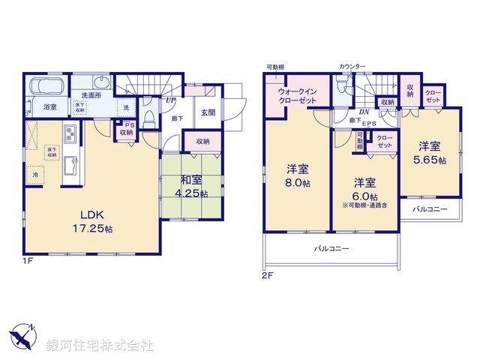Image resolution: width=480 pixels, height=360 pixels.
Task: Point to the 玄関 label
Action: click(x=208, y=113)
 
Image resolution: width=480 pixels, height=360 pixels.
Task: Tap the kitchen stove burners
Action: click(x=69, y=135)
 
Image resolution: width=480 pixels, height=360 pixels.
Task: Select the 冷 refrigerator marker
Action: click(x=35, y=175)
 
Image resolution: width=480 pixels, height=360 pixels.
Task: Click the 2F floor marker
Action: click(x=267, y=275)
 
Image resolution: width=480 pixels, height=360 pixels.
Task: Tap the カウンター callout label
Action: click(x=352, y=67)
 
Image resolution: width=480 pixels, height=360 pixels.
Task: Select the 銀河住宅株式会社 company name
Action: click(x=99, y=345)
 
